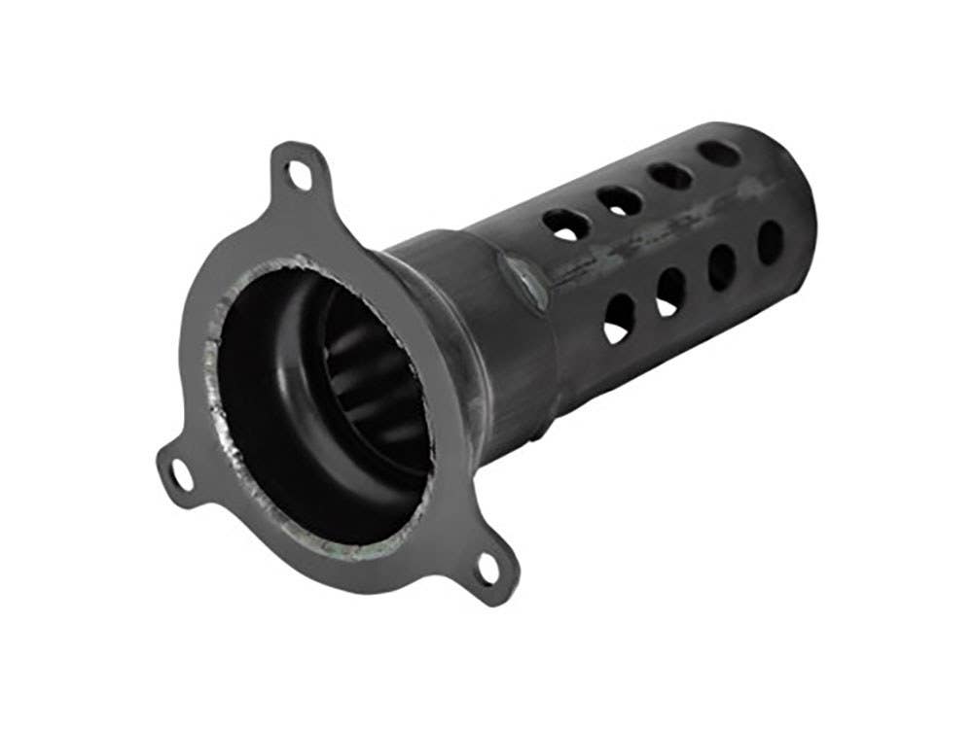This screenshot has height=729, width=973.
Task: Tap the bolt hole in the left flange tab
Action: [x=180, y=475]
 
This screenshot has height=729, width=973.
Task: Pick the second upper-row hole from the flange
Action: [x=616, y=199]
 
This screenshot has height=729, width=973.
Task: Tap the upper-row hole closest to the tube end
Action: [x=721, y=153]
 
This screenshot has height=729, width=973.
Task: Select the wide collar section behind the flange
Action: [x=486, y=321]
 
